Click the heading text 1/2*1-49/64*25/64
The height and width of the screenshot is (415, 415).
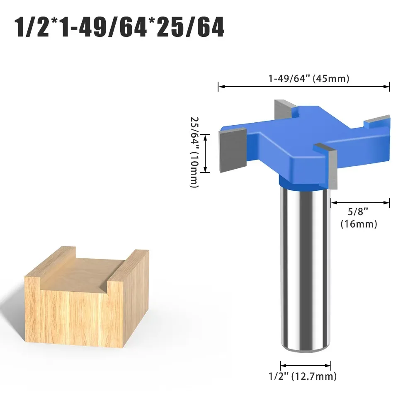(x=119, y=27)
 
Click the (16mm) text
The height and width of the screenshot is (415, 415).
(x=359, y=224)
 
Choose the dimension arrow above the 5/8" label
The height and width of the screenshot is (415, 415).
(x=360, y=202)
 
